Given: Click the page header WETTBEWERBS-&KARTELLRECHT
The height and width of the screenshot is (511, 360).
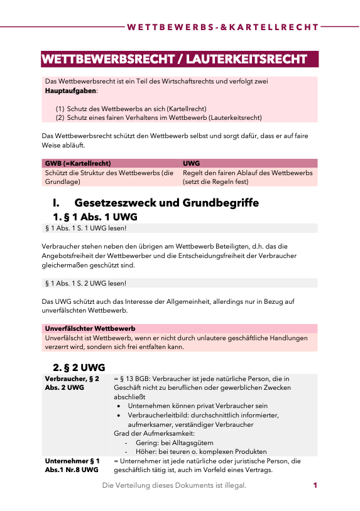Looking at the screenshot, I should pos(222,28).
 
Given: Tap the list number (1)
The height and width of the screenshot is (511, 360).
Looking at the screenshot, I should pos(60,109).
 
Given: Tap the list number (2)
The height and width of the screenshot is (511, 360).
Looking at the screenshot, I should pos(60,117).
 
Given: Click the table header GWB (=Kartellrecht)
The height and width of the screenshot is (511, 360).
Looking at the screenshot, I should pos(79,163).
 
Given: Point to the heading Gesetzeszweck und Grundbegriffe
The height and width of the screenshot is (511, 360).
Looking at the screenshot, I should pos(166,203).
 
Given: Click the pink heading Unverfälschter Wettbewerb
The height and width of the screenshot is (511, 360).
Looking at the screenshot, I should pos(90,328).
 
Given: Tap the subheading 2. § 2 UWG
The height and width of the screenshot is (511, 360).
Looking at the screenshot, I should pos(79,367).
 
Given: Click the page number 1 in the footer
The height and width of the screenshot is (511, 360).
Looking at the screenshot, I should pos(315,485).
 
